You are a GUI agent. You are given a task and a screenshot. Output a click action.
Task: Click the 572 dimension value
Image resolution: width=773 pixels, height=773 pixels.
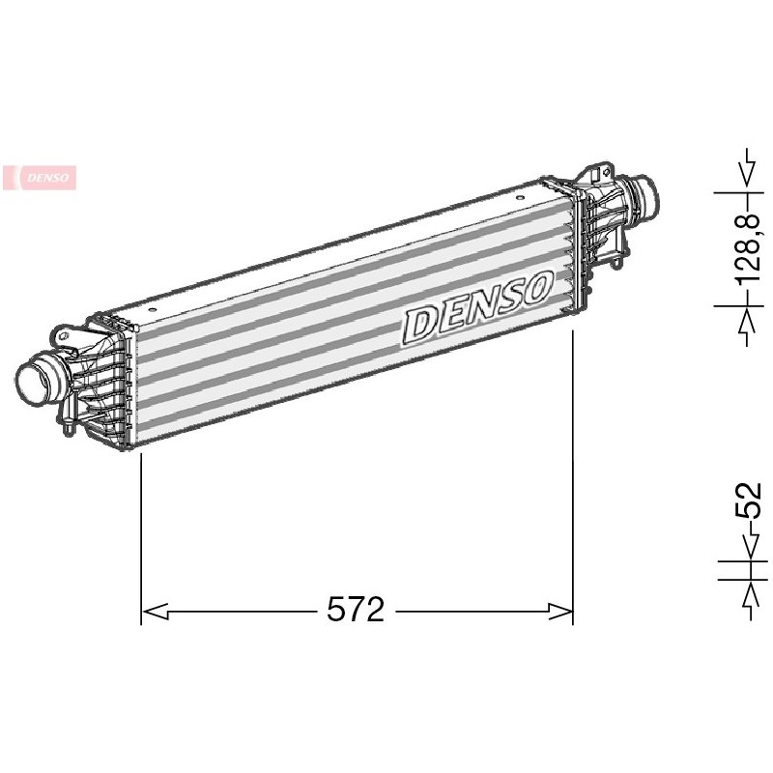[x=356, y=610]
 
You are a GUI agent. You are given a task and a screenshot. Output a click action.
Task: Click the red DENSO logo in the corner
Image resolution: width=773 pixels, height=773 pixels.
[x=40, y=178]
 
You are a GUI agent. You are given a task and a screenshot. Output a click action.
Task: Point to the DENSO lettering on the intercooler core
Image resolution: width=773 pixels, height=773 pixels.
[x=477, y=307]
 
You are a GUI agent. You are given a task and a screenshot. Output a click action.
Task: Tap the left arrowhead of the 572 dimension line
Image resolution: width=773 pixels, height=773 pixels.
[x=155, y=611]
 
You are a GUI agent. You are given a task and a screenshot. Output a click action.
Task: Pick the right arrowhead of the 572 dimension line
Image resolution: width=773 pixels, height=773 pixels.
[x=559, y=611]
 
